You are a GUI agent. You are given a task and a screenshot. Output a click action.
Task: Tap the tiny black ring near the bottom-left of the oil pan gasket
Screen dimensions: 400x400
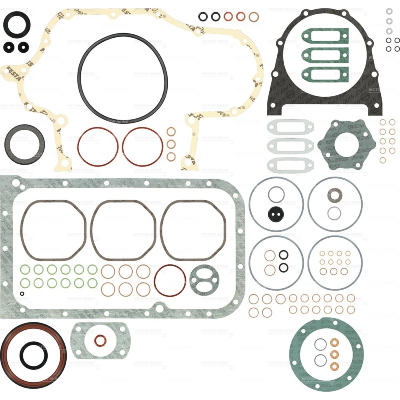(x=22, y=294)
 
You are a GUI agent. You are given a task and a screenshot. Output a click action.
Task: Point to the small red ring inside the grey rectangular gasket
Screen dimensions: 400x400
(x=100, y=341)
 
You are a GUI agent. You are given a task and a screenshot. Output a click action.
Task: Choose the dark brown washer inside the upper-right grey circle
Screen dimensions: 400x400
(x=334, y=195)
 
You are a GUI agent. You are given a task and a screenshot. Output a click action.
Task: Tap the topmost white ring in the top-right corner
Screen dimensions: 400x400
(x=389, y=11)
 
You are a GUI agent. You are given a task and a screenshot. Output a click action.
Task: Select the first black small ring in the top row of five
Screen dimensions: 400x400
(x=203, y=16)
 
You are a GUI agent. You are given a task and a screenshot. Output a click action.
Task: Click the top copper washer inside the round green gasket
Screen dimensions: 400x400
(x=334, y=342)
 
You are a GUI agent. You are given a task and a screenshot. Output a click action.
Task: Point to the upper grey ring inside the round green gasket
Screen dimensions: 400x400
(x=320, y=344)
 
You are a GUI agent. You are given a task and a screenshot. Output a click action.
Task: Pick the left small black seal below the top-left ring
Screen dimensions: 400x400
(x=8, y=47)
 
